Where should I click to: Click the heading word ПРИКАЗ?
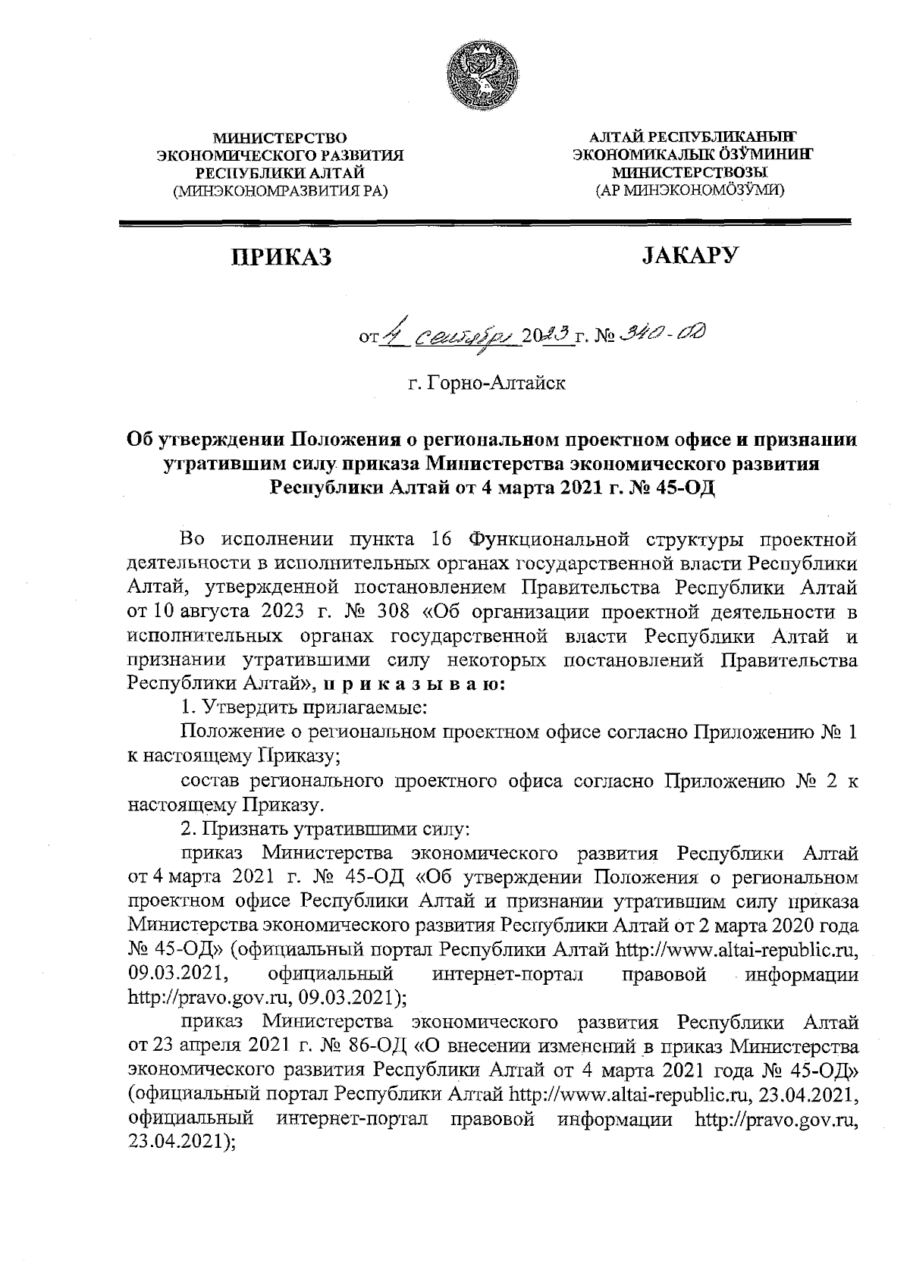(281, 259)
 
